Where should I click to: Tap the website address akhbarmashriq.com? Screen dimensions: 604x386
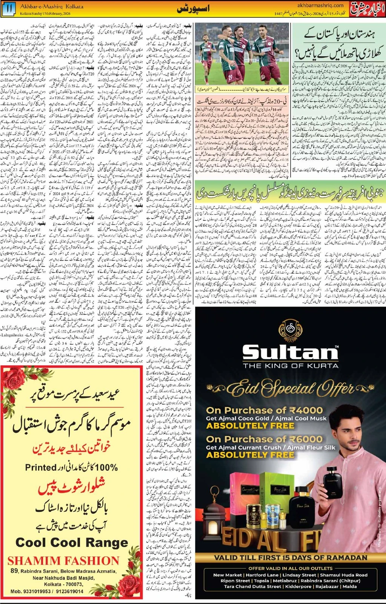click(x=320, y=5)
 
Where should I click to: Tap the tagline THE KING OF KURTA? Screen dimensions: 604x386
click(x=291, y=365)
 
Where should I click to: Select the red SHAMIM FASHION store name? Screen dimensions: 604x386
click(x=63, y=561)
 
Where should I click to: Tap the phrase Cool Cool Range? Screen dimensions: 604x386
click(x=72, y=543)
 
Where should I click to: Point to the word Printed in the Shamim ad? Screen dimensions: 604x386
click(x=41, y=467)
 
